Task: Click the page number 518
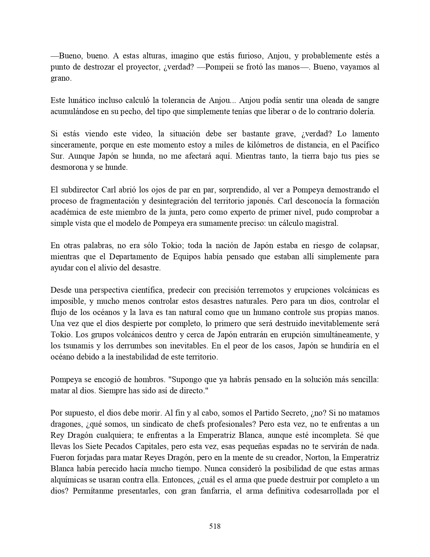[x=215, y=526]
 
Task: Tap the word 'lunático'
[x=80, y=100]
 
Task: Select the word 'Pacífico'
[x=365, y=145]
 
